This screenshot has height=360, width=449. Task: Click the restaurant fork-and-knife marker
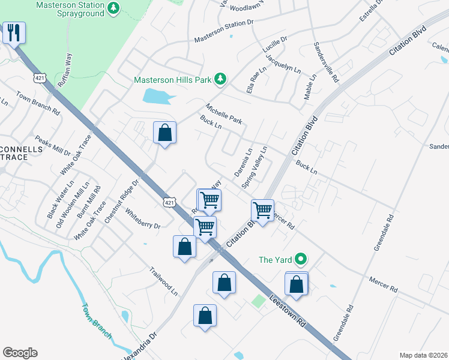pos(14,32)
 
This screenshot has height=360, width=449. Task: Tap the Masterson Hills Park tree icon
pos(221,79)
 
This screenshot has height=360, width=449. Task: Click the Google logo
pos(20,353)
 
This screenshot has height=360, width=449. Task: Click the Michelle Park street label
pos(224,113)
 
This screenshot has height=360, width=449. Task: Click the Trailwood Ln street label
pos(164,281)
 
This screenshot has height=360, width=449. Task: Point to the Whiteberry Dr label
pos(143,218)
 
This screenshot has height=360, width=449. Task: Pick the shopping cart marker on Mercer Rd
pos(262,211)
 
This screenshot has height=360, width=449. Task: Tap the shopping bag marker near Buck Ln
pos(164,133)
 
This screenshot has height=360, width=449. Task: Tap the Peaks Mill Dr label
pos(52,145)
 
